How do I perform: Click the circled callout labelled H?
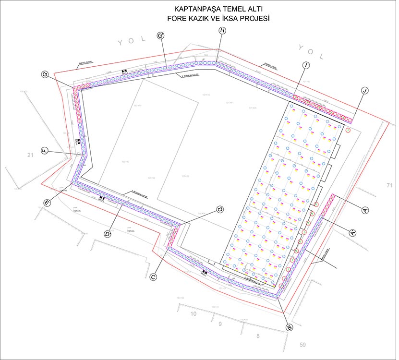[222, 30]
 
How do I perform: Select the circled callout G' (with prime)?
[161, 36]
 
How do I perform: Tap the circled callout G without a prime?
[46, 74]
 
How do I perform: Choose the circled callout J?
[365, 91]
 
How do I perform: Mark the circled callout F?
[45, 151]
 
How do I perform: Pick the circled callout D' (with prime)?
[108, 234]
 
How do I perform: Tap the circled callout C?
[154, 277]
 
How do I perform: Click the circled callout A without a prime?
[365, 210]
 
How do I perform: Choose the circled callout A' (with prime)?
[353, 232]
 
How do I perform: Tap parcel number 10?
[193, 314]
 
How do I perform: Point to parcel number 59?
[302, 344]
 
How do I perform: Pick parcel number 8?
[258, 336]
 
